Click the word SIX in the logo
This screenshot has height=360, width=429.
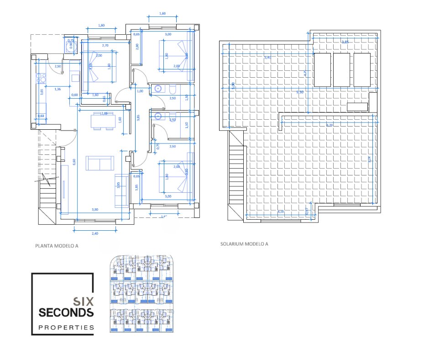click(84, 302)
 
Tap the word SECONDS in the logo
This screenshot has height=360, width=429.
click(66, 313)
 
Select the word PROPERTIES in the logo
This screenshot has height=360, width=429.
click(66, 328)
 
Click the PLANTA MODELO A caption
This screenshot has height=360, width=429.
click(57, 245)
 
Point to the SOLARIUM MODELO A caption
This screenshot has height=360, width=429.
click(244, 244)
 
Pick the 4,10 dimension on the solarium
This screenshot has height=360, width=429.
click(281, 212)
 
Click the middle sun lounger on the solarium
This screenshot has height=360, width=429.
click(342, 69)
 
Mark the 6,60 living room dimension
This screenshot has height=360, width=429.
click(74, 162)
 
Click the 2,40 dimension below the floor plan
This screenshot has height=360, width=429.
click(95, 233)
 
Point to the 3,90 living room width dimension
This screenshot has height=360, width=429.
click(95, 209)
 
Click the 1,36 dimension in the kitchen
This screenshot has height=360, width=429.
click(58, 89)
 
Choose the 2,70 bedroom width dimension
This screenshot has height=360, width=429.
click(105, 46)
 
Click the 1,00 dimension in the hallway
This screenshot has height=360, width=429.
click(141, 91)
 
